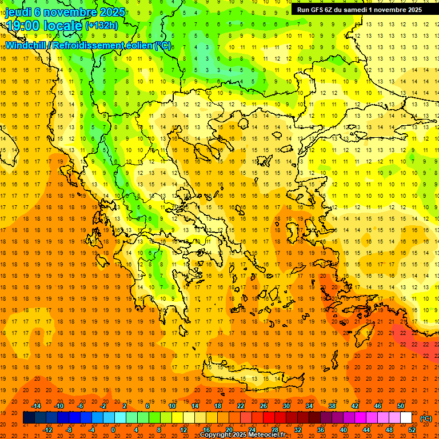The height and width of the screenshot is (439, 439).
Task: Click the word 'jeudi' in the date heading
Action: click(18, 12)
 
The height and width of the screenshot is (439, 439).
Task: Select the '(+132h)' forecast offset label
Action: click(102, 26)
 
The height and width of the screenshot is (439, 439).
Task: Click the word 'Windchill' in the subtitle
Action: click(26, 45)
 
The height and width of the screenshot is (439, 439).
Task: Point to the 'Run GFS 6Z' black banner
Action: click(360, 9)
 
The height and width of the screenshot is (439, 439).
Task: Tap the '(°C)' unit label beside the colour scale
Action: click(426, 418)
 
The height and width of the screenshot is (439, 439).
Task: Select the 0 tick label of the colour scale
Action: click(113, 430)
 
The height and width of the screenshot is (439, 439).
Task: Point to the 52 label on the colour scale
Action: click(412, 430)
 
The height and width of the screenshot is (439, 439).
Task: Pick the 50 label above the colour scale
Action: click(400, 406)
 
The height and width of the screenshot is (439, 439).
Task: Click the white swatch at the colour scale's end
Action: click(406, 418)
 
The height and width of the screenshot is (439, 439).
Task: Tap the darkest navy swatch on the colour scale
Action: click(28, 418)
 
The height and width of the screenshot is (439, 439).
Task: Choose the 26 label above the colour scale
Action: click(264, 406)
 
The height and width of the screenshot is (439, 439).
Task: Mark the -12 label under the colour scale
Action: click(48, 430)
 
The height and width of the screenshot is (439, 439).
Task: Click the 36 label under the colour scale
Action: click(321, 430)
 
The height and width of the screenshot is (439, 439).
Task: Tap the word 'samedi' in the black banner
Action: click(356, 9)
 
